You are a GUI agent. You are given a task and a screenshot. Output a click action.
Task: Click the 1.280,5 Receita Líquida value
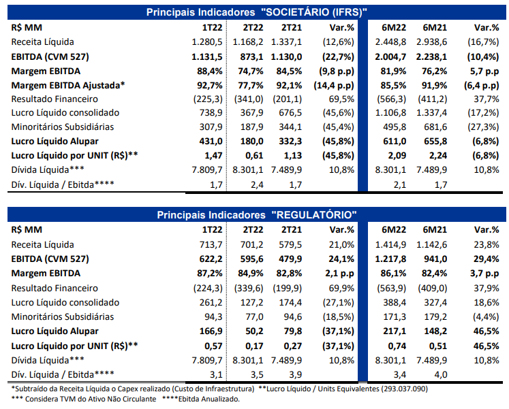pyautogui.click(x=206, y=42)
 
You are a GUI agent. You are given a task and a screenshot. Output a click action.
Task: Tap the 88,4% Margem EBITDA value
pyautogui.click(x=210, y=71)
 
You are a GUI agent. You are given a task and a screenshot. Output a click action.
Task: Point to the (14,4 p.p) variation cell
pyautogui.click(x=334, y=86)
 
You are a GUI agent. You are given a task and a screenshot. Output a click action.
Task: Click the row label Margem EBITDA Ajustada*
pyautogui.click(x=68, y=86)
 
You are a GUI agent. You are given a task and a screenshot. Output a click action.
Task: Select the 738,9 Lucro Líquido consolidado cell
pyautogui.click(x=211, y=113)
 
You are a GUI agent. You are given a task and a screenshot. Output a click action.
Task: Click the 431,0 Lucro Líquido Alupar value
pyautogui.click(x=211, y=142)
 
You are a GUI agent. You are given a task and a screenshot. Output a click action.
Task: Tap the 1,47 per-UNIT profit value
pyautogui.click(x=213, y=156)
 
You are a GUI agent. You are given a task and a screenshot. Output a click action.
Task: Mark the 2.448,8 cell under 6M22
pyautogui.click(x=390, y=42)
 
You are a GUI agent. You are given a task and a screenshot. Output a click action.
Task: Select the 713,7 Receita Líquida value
pyautogui.click(x=211, y=245)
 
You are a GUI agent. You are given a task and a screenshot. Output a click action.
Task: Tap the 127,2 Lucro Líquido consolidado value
pyautogui.click(x=252, y=303)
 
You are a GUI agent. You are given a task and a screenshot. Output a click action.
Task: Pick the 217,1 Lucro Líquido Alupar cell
pyautogui.click(x=395, y=331)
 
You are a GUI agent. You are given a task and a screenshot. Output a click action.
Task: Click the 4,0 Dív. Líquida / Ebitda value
pyautogui.click(x=440, y=375)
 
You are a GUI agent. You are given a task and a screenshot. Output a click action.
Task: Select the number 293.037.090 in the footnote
pyautogui.click(x=404, y=389)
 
